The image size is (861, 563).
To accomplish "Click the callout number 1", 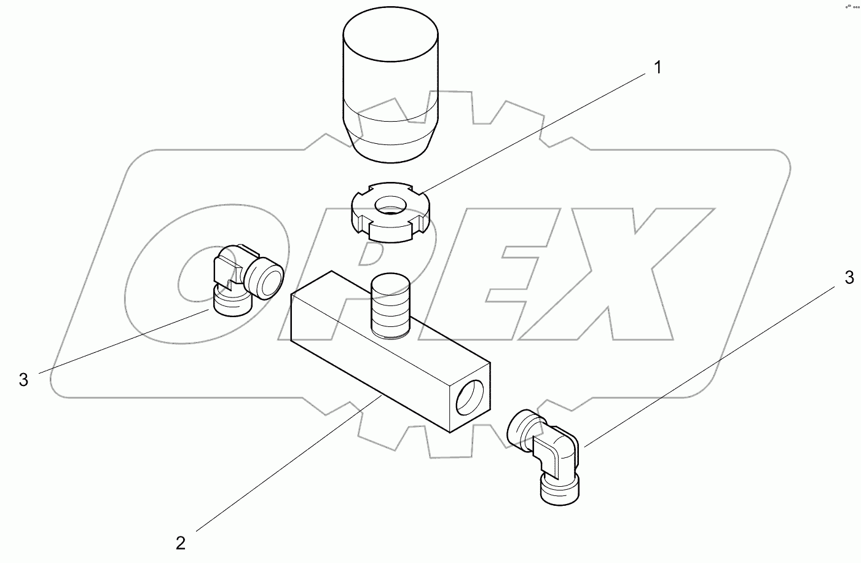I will (658, 68).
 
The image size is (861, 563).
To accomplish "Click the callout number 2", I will (180, 543).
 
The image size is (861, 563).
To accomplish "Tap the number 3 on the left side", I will (23, 380).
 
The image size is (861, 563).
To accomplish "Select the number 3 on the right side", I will (849, 278).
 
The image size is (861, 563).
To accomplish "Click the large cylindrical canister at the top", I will (390, 86).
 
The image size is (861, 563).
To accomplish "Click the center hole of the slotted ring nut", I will (390, 205).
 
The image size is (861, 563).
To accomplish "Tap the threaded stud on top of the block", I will (390, 305).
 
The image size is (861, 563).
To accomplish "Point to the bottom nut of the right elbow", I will (559, 490).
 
